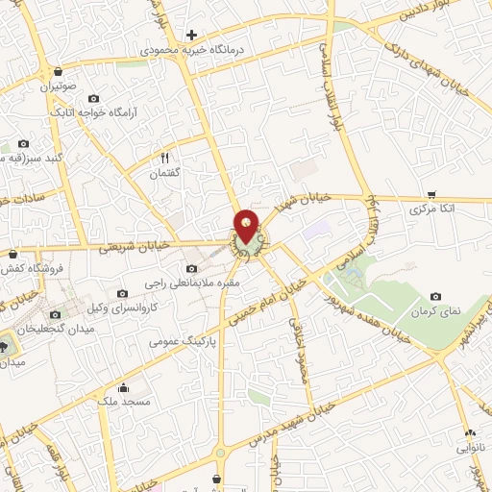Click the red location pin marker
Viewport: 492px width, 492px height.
pos(247,227)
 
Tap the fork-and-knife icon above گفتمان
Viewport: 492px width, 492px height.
pos(163,159)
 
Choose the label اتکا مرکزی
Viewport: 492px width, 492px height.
pos(431,208)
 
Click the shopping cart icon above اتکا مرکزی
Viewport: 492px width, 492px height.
pos(431,193)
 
